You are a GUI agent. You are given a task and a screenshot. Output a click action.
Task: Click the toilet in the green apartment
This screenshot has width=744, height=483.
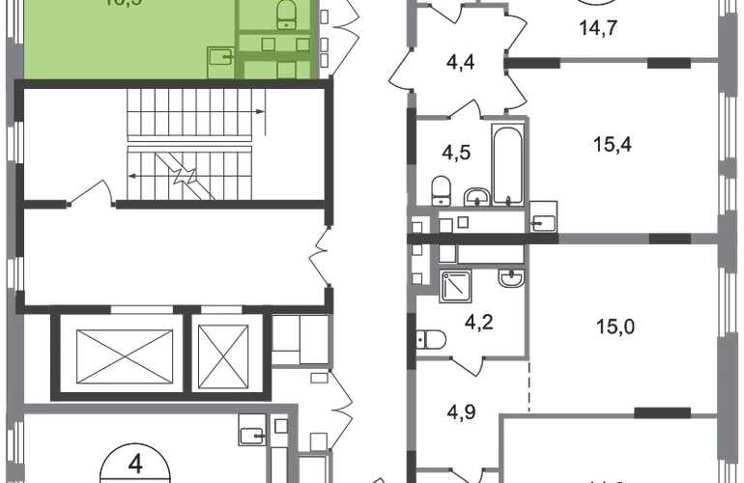coord(286,14)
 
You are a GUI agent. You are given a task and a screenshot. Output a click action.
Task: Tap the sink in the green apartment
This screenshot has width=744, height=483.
coord(221,57)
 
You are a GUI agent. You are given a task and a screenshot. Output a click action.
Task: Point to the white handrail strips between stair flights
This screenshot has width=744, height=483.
coord(190,143)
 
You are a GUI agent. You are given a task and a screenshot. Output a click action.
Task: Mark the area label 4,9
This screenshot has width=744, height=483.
coord(465,415)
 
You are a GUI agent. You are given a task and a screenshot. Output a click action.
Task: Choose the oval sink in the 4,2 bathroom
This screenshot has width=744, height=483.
coord(507,281)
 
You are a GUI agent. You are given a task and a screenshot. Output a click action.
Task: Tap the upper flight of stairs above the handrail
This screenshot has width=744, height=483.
coord(190,114)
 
